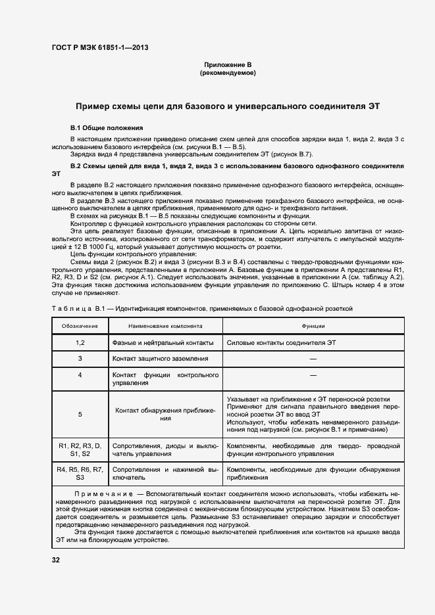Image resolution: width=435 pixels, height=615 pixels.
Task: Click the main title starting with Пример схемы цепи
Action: (x=227, y=106)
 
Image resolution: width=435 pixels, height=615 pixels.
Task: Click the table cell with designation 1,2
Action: (x=80, y=342)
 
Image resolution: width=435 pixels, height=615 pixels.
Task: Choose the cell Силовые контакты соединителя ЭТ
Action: (x=281, y=342)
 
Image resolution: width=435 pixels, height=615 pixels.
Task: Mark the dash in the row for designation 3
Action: (x=313, y=359)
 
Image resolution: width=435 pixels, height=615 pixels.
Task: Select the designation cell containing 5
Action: (x=80, y=414)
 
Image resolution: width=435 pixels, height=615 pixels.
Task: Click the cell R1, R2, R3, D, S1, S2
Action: (x=80, y=449)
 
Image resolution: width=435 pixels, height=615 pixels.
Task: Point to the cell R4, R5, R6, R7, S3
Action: (x=80, y=474)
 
